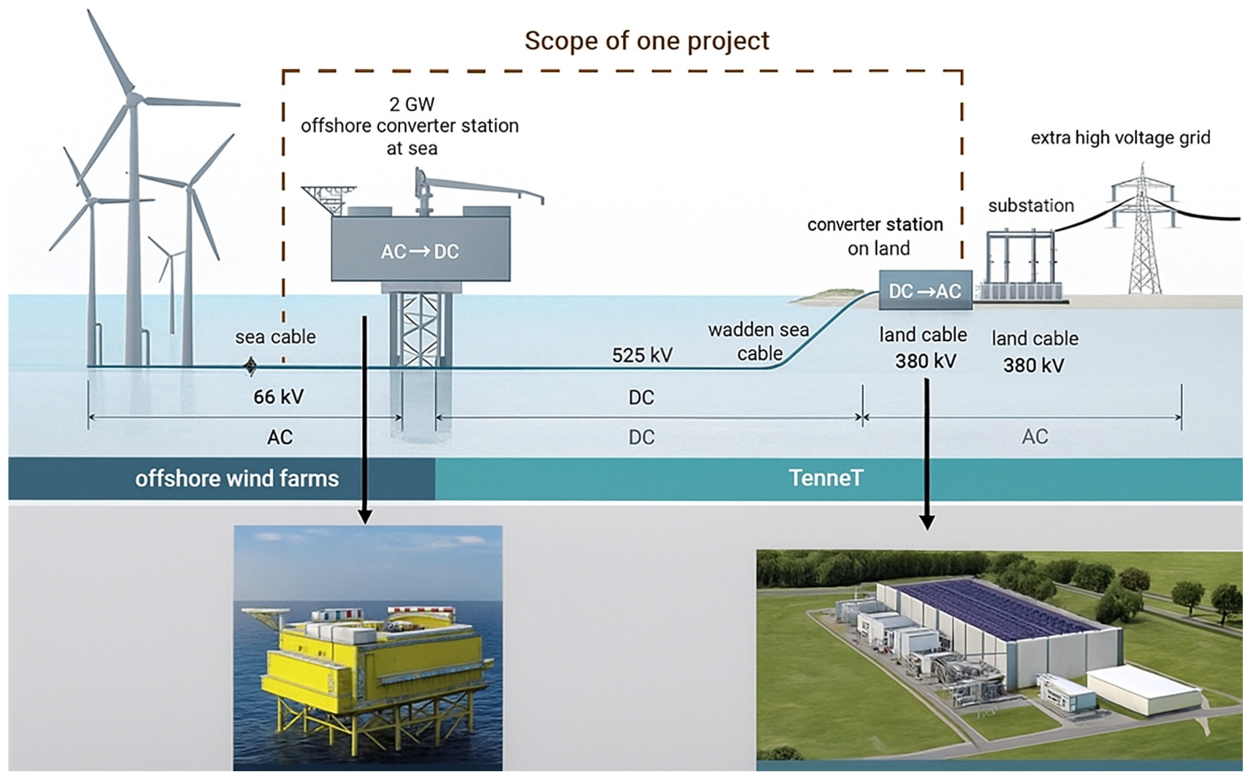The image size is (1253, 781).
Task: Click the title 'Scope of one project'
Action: click(647, 41)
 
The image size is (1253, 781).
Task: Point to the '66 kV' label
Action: click(279, 397)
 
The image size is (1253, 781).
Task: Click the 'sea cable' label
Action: click(275, 337)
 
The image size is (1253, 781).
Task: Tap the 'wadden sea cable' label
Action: click(758, 341)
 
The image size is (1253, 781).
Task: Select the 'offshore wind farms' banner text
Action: click(237, 479)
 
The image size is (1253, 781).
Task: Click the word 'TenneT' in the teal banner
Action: click(826, 478)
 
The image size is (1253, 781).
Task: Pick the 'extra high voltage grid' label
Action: click(1120, 138)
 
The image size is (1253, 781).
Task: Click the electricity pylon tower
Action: click(1144, 233)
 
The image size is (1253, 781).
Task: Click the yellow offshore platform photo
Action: click(368, 651)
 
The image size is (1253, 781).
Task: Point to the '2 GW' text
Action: click(412, 104)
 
